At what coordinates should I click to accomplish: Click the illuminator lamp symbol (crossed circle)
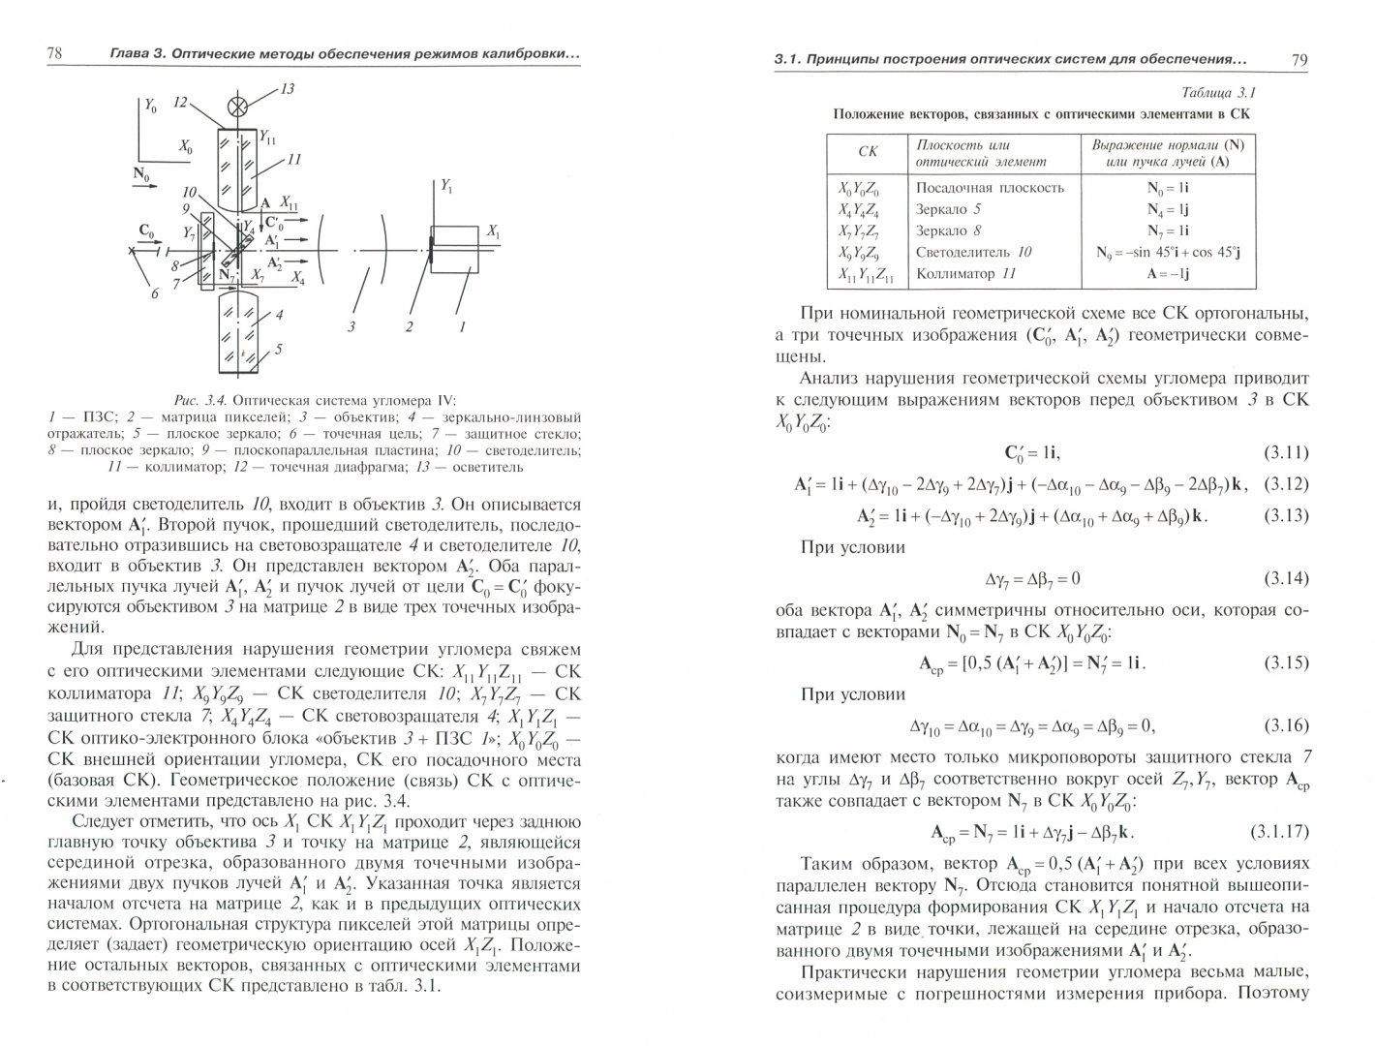[x=236, y=108]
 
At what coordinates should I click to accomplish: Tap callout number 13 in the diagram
[x=288, y=89]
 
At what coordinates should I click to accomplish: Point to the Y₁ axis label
[x=446, y=187]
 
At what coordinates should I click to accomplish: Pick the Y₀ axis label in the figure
[x=150, y=107]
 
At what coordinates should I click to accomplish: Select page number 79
[x=1299, y=60]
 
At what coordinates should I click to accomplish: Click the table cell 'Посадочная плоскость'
[x=990, y=188]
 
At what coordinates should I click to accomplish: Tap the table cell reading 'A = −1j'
[x=1168, y=274]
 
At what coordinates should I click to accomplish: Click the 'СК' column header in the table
[x=868, y=152]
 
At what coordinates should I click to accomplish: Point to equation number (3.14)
[x=1287, y=579]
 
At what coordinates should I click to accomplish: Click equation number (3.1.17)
[x=1280, y=832]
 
